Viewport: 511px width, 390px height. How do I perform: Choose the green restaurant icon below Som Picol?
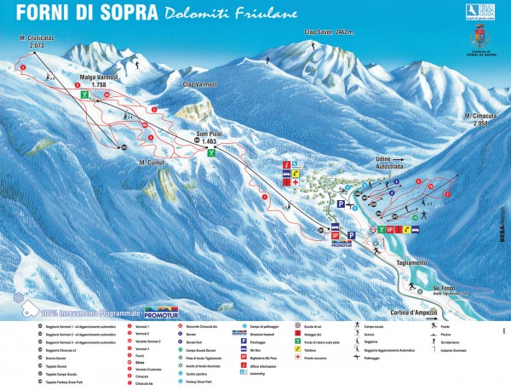click(x=211, y=153)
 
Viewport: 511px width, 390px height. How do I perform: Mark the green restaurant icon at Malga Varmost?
click(x=84, y=95)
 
